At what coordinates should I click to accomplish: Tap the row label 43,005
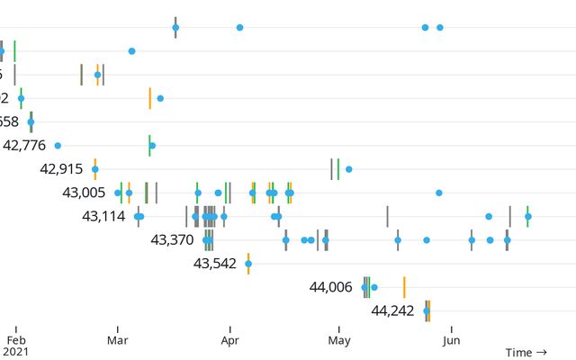tap(84, 192)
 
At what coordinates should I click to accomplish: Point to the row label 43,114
tap(103, 216)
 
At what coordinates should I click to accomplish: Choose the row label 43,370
tap(172, 239)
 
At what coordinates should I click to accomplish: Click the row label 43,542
tap(215, 263)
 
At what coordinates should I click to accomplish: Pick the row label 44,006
tap(330, 287)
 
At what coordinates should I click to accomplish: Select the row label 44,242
tap(392, 310)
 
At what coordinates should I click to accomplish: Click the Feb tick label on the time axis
tap(15, 340)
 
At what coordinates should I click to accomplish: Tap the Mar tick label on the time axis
tap(118, 340)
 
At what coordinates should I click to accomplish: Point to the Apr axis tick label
tap(229, 340)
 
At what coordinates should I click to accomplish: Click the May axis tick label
tap(339, 340)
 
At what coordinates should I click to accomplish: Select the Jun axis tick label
tap(452, 340)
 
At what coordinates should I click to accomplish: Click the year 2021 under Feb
tap(15, 352)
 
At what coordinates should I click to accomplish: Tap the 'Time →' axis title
tap(526, 352)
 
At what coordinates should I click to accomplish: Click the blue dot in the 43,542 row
tap(248, 263)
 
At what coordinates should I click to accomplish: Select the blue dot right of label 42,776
tap(58, 145)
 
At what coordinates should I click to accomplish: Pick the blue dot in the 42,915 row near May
tap(348, 168)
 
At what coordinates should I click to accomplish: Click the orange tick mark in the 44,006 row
tap(404, 287)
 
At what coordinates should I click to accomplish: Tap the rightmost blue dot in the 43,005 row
tap(439, 193)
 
